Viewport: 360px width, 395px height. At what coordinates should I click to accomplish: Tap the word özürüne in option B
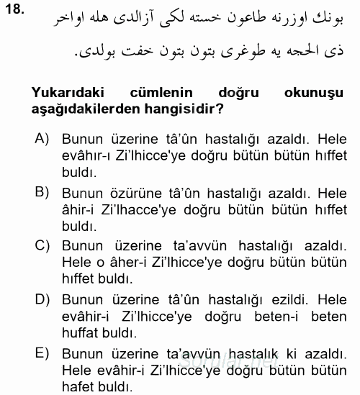tap(127, 192)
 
